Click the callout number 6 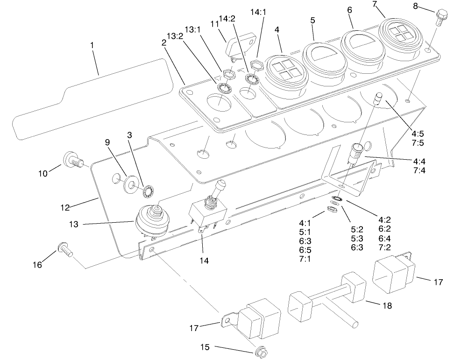pos(350,9)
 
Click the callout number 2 pos(164,42)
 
